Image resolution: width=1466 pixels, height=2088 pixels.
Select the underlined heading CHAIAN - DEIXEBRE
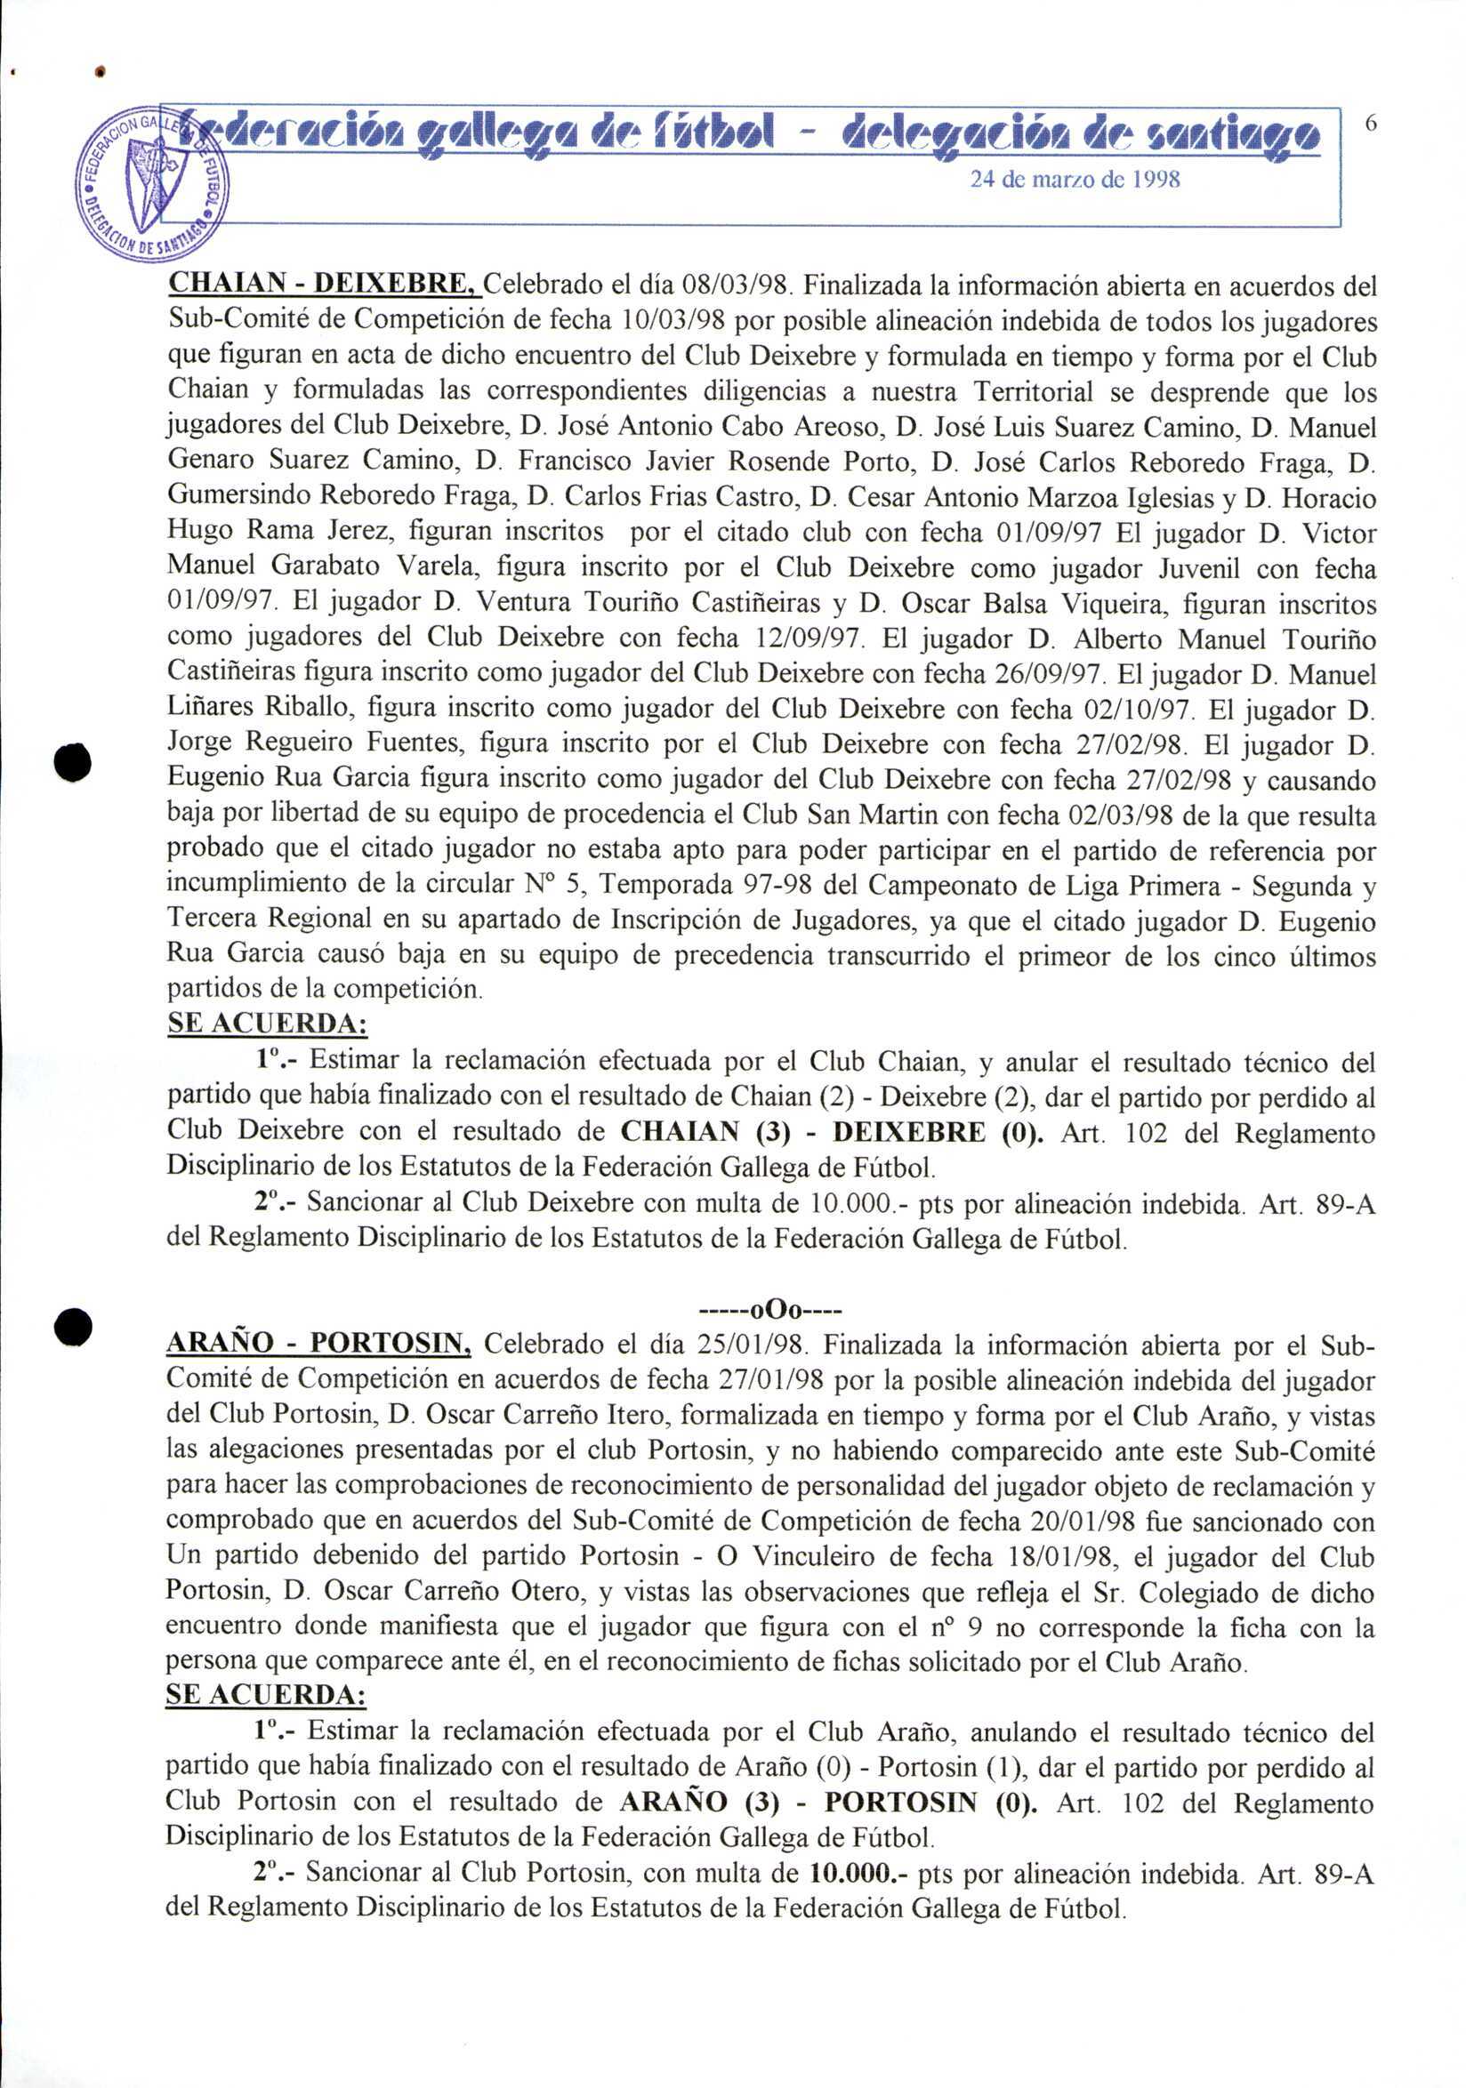point(323,285)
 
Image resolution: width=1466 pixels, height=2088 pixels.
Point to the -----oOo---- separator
point(770,1311)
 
